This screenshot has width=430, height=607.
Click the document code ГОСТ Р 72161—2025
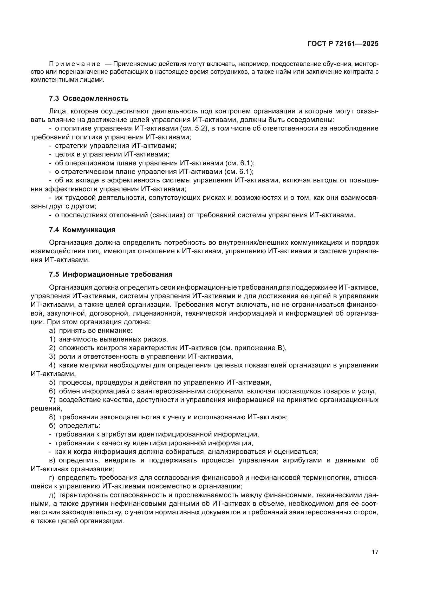pos(343,44)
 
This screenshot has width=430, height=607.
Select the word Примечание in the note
pos(75,64)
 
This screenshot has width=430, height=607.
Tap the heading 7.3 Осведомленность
pos(88,99)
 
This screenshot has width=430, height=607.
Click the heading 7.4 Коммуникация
pos(82,230)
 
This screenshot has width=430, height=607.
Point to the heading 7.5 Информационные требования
pos(111,274)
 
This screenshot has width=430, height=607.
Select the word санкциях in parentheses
pos(167,215)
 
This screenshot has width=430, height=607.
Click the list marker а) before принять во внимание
pos(52,331)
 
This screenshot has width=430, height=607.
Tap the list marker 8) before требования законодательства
pos(52,417)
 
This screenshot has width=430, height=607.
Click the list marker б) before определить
pos(52,426)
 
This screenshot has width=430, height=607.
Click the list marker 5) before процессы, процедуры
pos(52,383)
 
